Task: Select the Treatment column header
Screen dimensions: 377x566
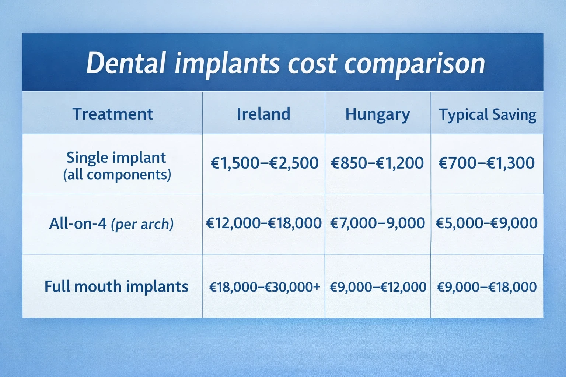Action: click(x=112, y=114)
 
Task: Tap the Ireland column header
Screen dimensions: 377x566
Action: click(x=263, y=114)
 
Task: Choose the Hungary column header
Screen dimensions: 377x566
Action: click(x=377, y=114)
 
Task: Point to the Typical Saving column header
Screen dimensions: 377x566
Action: click(x=487, y=114)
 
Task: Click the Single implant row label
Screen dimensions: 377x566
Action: click(x=116, y=158)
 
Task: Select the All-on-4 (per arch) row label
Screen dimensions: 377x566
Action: click(x=111, y=223)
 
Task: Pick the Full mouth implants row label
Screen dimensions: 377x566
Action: click(x=116, y=286)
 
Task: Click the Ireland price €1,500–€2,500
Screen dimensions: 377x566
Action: click(x=264, y=163)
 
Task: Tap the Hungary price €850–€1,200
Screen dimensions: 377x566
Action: click(x=377, y=163)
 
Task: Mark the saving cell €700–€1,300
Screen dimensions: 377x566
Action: click(x=486, y=163)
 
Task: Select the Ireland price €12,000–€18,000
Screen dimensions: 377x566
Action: click(x=263, y=223)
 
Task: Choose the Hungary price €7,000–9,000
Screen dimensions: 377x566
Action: click(x=377, y=223)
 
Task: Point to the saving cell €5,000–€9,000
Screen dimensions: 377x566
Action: click(x=486, y=223)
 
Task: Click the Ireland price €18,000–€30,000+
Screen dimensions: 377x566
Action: click(x=264, y=287)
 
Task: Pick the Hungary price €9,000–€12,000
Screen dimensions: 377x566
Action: click(x=377, y=287)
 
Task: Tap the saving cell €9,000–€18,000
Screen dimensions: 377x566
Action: click(x=486, y=287)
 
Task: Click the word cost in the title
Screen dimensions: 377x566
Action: click(x=312, y=63)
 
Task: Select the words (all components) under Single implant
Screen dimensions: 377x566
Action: click(x=117, y=175)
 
